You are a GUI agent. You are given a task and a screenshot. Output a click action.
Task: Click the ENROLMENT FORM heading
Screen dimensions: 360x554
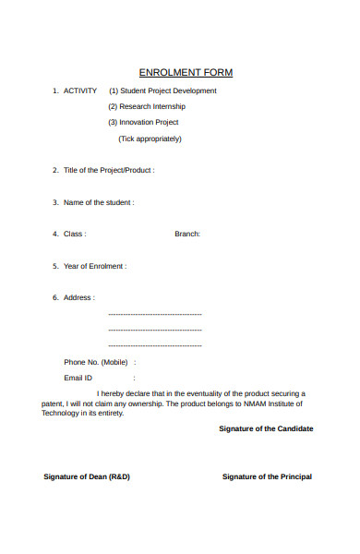coord(186,72)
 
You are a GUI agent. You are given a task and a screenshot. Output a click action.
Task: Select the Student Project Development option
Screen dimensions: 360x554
coord(162,90)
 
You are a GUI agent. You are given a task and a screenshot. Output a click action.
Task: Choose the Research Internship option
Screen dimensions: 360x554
coord(147,106)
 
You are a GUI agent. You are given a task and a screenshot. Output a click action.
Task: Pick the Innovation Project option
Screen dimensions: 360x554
coord(143,122)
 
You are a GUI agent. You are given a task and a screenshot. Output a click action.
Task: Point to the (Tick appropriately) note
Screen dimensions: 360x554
coord(150,138)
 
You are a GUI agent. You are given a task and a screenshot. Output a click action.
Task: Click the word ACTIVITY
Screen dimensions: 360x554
coord(80,90)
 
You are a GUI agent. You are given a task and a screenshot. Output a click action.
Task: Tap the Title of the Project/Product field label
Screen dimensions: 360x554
coord(109,170)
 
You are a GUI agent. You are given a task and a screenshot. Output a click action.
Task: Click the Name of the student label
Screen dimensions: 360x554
coord(99,202)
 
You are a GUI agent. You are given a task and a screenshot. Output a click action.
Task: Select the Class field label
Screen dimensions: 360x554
coord(75,234)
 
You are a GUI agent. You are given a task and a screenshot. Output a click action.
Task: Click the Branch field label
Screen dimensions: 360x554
coord(187,234)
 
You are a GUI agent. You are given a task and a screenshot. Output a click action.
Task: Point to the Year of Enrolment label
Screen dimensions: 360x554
coord(95,266)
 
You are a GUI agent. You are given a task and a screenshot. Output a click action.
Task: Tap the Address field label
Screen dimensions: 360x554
coord(78,297)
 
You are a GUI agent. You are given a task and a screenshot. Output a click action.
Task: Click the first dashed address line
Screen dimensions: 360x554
coord(154,315)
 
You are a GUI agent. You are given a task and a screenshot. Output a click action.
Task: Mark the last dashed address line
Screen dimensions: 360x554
coord(154,345)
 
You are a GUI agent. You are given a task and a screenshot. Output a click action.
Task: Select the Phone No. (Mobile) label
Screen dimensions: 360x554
coord(96,362)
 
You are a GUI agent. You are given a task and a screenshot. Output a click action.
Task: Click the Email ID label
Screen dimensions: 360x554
coord(78,378)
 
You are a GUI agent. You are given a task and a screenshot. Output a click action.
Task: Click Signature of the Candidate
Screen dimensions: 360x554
coord(266,428)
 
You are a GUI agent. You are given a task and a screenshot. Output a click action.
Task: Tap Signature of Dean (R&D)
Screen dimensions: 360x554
coord(87,476)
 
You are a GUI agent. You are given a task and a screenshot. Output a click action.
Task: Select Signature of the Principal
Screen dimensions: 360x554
coord(267,476)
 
